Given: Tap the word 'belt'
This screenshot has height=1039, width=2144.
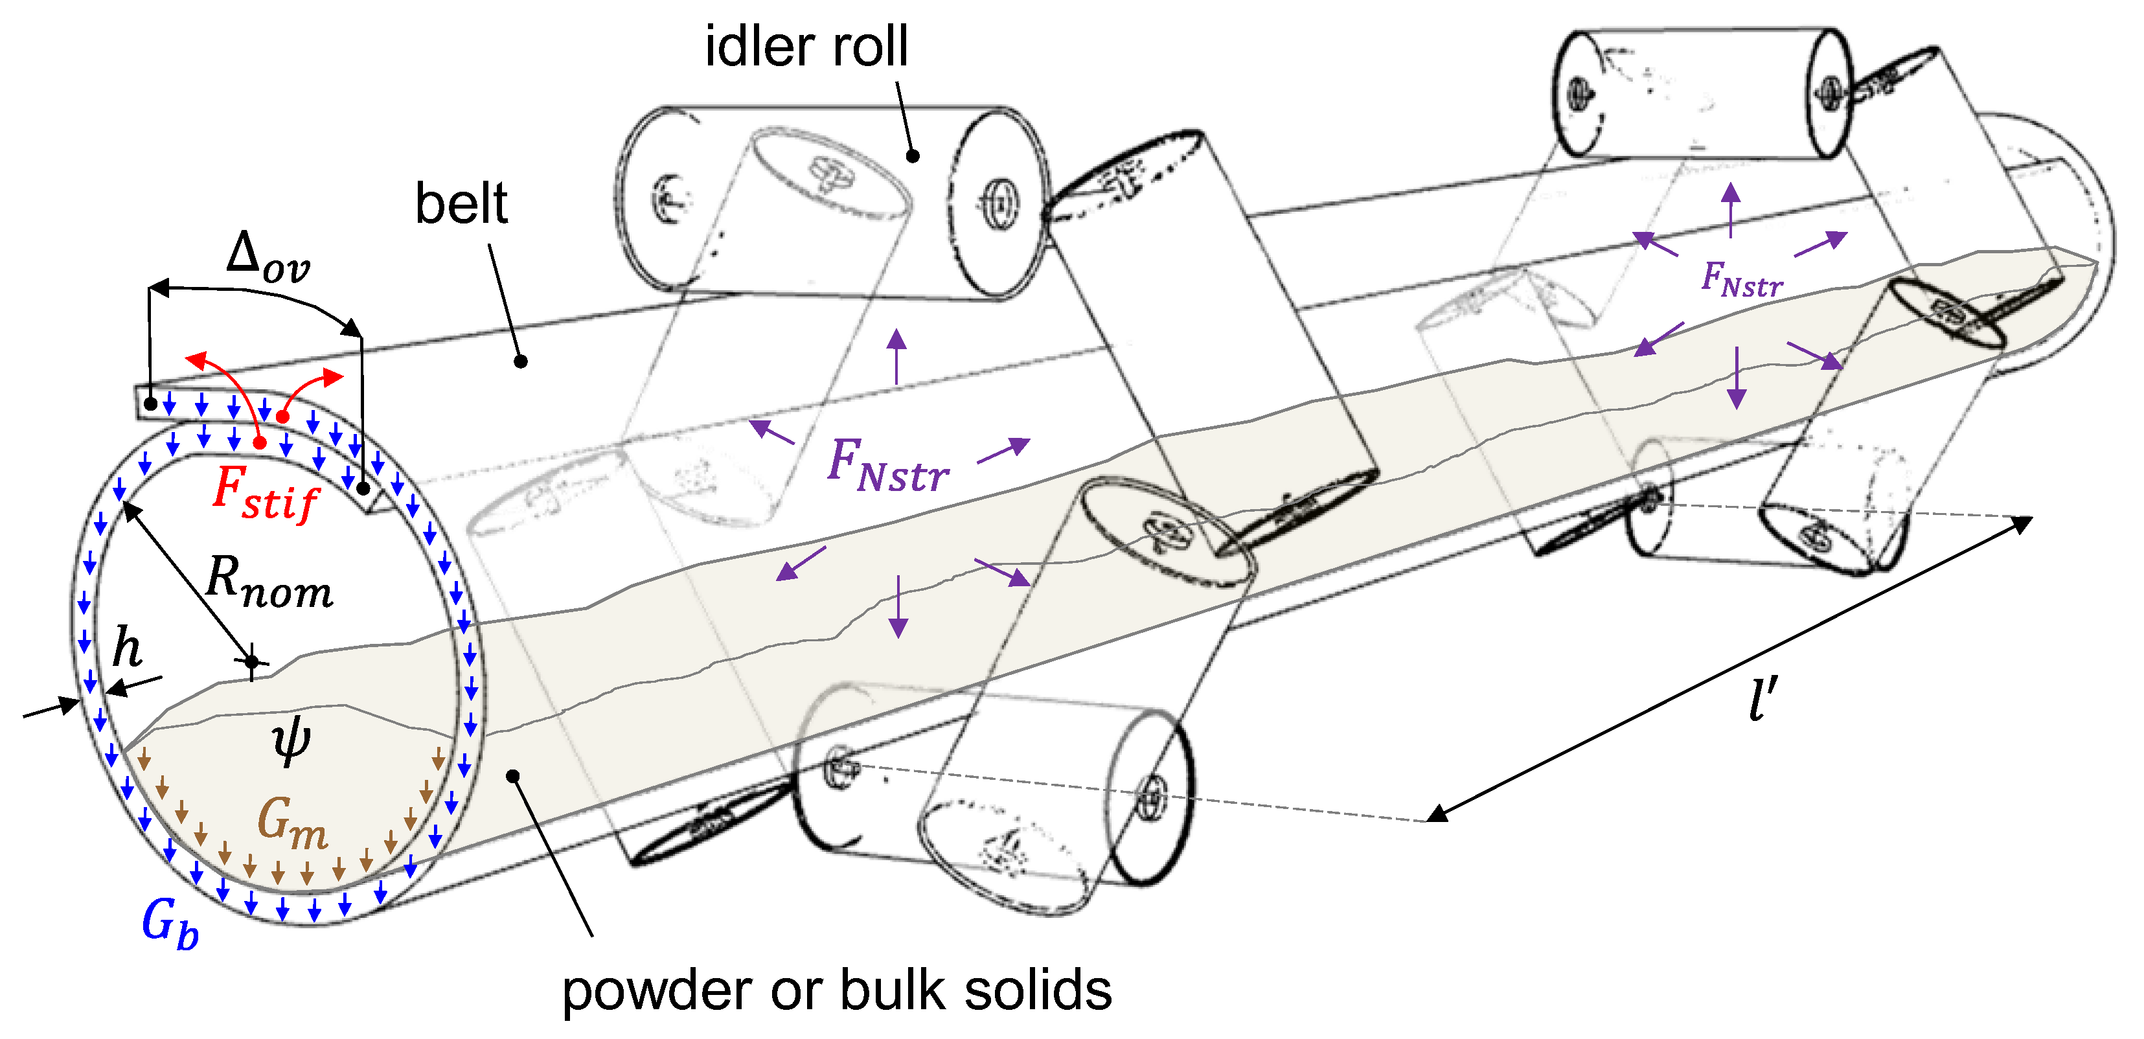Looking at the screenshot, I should [461, 204].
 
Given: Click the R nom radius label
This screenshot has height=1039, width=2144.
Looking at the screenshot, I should [269, 583].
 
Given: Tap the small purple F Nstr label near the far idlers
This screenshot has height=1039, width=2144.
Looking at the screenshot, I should [1741, 280].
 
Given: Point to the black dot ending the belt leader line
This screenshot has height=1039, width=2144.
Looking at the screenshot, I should [520, 361].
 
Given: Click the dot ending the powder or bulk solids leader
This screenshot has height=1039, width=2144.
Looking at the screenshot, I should [514, 776].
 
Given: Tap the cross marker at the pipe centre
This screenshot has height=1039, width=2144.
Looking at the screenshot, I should [251, 662].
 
